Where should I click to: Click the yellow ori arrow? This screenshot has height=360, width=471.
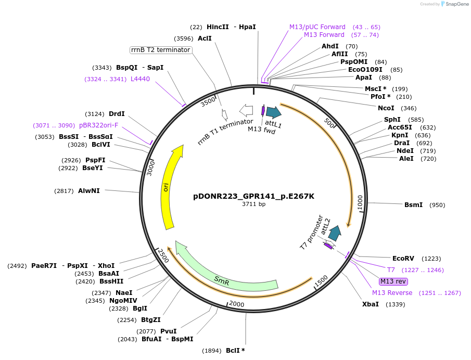pyautogui.click(x=170, y=187)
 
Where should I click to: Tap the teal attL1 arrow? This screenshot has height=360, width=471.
pyautogui.click(x=273, y=112)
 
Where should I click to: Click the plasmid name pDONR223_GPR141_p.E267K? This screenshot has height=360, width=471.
pyautogui.click(x=253, y=196)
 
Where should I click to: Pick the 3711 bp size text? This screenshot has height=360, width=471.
pyautogui.click(x=253, y=204)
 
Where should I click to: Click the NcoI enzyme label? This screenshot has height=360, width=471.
pyautogui.click(x=386, y=108)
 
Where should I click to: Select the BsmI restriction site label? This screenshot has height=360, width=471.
pyautogui.click(x=413, y=205)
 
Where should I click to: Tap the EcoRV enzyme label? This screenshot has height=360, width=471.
pyautogui.click(x=403, y=258)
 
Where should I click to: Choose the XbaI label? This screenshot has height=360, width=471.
pyautogui.click(x=371, y=304)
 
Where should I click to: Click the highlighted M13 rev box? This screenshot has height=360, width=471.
pyautogui.click(x=393, y=281)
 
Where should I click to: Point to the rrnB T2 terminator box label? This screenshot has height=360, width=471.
pyautogui.click(x=160, y=50)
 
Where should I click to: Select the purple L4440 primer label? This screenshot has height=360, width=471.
pyautogui.click(x=140, y=79)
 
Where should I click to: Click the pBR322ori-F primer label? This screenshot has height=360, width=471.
pyautogui.click(x=99, y=125)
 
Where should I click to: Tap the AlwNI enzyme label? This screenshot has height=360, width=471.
pyautogui.click(x=88, y=191)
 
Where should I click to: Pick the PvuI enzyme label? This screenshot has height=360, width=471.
pyautogui.click(x=168, y=331)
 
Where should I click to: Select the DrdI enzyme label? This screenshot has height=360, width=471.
pyautogui.click(x=117, y=114)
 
